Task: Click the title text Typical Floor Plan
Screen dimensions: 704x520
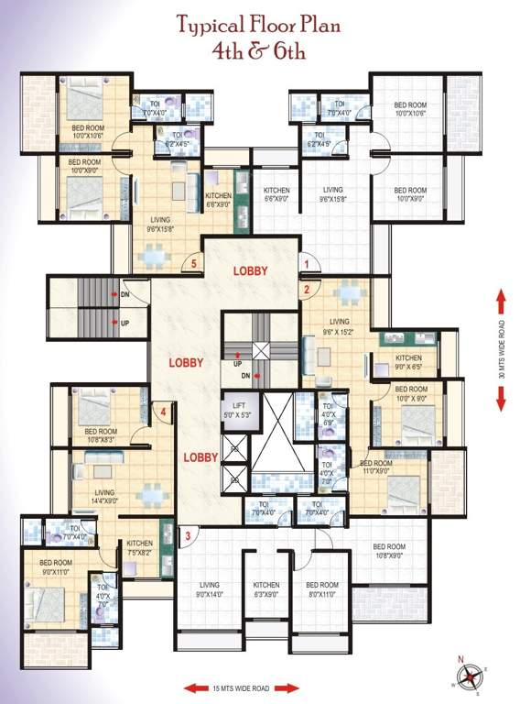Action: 259,26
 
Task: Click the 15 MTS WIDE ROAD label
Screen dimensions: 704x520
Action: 242,687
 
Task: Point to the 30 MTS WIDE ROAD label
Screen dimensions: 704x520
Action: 502,349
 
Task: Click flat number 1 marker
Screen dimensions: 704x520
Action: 306,263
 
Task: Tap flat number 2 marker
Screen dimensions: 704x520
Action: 308,289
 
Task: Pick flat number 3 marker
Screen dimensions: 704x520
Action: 187,536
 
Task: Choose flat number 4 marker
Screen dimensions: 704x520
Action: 163,412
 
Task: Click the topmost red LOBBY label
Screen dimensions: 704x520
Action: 250,270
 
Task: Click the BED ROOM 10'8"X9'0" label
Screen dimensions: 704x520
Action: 390,551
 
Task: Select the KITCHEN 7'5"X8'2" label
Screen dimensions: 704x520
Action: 140,547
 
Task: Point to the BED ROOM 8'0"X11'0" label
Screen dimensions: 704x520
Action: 322,589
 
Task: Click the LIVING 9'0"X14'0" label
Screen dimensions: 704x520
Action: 211,589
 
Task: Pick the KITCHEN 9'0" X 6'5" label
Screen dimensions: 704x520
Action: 407,361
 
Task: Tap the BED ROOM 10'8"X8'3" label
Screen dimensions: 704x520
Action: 101,434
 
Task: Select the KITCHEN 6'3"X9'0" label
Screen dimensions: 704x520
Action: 266,589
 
